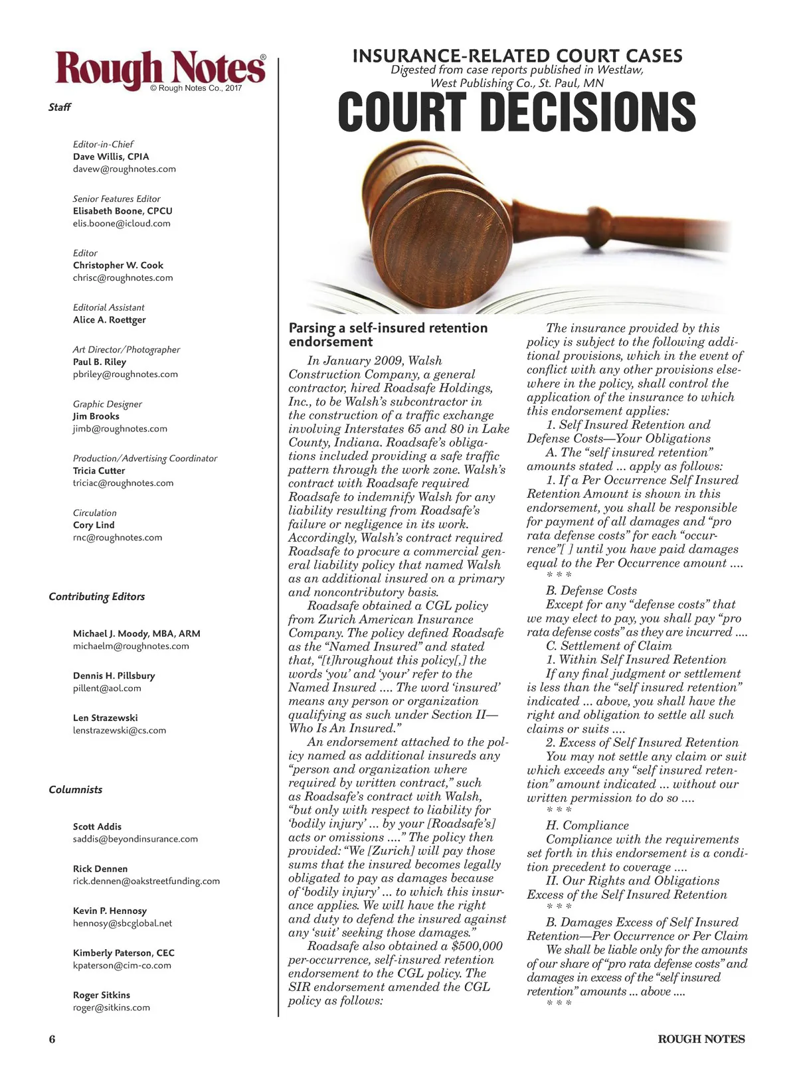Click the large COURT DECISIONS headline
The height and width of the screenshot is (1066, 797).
(517, 112)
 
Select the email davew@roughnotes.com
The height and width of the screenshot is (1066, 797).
(124, 169)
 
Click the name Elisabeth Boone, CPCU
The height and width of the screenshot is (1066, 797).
(123, 211)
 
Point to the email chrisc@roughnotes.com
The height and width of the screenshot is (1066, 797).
(123, 277)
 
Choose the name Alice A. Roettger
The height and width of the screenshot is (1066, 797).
(110, 320)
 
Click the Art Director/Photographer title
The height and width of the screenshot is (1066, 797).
(126, 350)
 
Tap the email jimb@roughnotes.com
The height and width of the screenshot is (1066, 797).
(120, 429)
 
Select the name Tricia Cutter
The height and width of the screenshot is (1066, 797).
(99, 471)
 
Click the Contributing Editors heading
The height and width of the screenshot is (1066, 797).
(97, 597)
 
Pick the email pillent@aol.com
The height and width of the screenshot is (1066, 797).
(107, 688)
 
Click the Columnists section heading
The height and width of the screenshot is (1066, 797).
(76, 790)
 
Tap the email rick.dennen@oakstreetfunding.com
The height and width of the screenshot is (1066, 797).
(146, 881)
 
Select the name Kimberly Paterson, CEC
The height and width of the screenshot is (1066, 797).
(124, 953)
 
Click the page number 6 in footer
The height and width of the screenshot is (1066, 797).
(52, 1039)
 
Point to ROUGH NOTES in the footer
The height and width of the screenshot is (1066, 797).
(701, 1039)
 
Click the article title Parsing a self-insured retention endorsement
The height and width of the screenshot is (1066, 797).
(388, 335)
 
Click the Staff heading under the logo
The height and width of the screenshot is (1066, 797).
(60, 108)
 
